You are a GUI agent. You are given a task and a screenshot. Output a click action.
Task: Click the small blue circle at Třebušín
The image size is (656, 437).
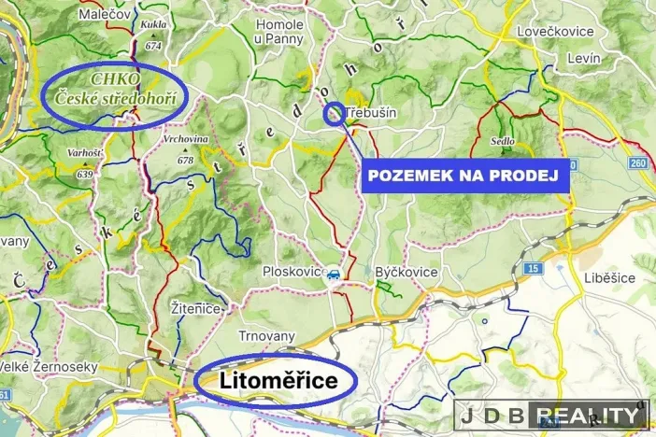pos(333,115)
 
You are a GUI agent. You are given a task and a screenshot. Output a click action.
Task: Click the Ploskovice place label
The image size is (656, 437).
pos(292,273)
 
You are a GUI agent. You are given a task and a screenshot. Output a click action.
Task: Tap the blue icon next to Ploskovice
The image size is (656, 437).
pos(331,275)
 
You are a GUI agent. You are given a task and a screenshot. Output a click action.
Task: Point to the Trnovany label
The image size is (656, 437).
pos(266,336)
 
